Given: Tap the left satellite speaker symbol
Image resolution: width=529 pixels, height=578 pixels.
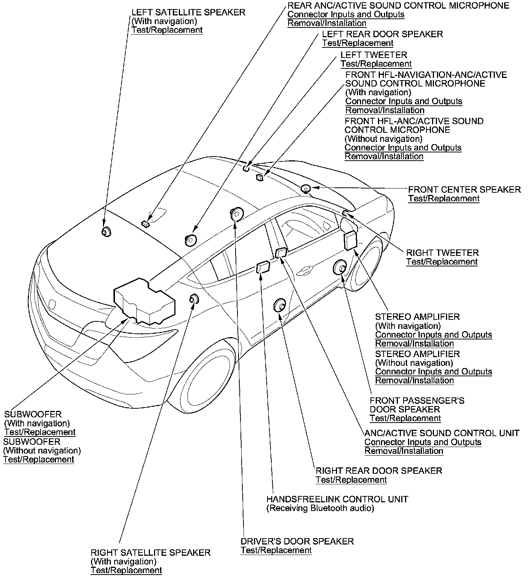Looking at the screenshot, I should coord(106,231).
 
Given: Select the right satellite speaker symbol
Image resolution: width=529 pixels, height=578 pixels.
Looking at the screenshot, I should coord(194,299).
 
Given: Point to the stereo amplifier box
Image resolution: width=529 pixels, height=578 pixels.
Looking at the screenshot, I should coord(351,239).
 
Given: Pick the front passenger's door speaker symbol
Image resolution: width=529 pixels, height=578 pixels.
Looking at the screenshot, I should coord(340,268).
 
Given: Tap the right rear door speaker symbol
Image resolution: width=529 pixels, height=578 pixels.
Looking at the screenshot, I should coord(280,305).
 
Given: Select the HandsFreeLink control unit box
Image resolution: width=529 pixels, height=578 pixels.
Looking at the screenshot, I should coord(263,267).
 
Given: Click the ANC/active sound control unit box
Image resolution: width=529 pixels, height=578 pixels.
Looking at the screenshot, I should coord(281,252).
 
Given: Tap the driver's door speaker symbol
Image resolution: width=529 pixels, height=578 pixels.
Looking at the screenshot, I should coord(236,213).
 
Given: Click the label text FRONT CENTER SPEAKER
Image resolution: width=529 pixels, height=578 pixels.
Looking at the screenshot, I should coord(464,190).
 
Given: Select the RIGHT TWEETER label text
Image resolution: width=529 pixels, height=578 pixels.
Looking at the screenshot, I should coord(442,253).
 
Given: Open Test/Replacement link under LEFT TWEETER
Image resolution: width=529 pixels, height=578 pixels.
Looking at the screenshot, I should coord(376,64).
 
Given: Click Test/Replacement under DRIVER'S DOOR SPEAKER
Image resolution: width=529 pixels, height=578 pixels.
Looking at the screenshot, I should coord(276,551).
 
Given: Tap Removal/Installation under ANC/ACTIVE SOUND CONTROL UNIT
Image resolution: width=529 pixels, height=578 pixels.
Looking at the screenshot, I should coord(404,451).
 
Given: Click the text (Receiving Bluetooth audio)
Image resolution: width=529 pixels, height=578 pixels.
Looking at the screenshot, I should coord(320,508).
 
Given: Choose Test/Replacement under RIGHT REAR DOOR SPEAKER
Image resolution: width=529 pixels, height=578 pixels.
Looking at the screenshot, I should coord(351,480).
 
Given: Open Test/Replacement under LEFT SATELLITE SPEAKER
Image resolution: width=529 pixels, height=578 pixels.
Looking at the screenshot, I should coord(167,30).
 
